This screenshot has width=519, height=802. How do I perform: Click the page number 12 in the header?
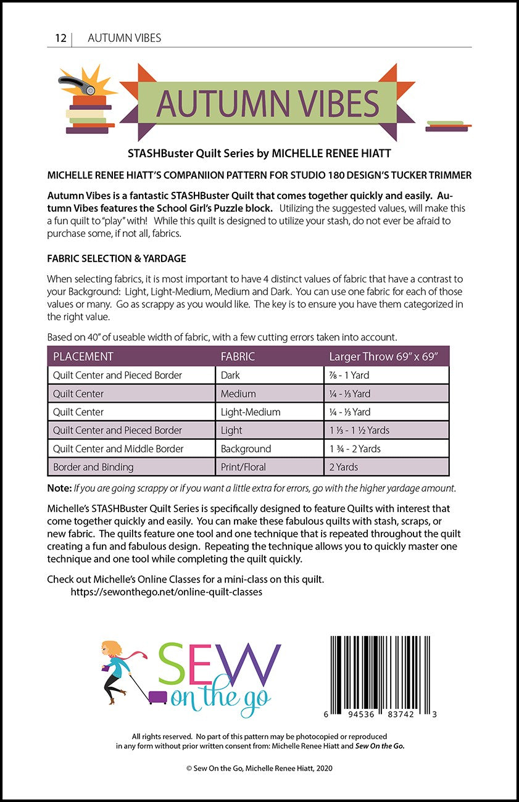60,38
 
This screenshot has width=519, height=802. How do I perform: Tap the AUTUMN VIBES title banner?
267,103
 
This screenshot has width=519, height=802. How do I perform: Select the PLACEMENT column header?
83,357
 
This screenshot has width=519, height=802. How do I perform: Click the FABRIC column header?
238,357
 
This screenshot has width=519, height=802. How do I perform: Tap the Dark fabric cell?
230,375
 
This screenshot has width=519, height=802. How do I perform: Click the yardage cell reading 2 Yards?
344,467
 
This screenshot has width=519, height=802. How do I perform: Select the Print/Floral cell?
243,467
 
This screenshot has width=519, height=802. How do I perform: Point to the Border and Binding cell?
93,467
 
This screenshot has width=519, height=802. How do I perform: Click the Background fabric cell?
246,449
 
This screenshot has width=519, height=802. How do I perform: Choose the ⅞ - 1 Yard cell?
350,375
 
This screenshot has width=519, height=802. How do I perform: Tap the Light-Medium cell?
250,412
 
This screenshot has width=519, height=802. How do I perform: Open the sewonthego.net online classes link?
166,592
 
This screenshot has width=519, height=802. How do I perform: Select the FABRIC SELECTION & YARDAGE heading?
117,258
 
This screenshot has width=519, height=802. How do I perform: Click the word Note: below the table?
59,488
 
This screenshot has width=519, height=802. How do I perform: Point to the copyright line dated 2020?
259,768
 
